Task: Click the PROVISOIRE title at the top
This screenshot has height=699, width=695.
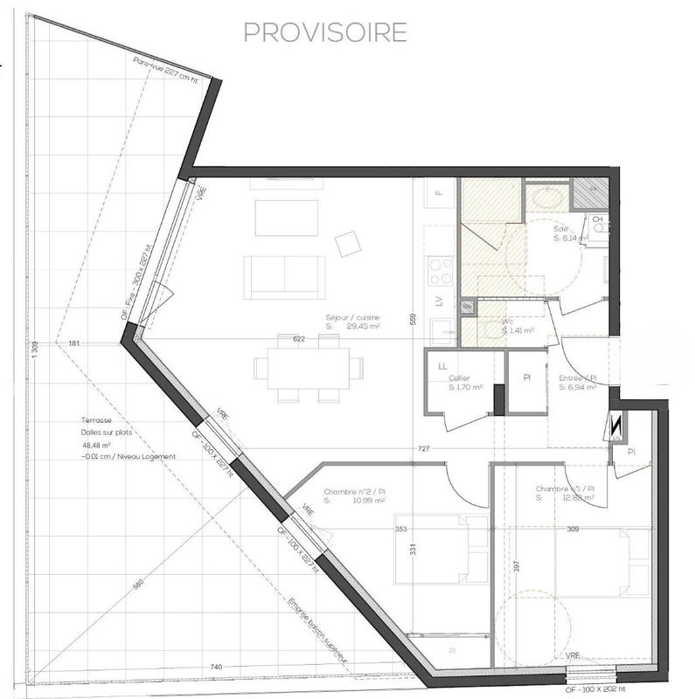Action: tap(325, 32)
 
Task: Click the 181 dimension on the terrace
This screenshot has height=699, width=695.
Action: tap(73, 343)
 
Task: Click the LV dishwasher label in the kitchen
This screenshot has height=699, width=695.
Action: tap(439, 302)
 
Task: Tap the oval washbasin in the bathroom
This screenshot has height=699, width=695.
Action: tap(547, 198)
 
